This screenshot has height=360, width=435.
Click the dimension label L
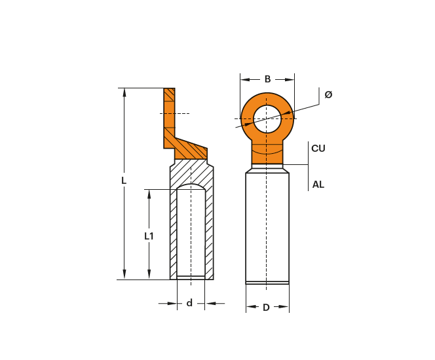point(124,181)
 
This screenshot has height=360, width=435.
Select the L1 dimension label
point(149,236)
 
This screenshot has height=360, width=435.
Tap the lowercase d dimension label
point(189,303)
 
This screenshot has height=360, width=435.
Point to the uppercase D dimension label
point(266,308)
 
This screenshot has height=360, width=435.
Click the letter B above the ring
point(267,79)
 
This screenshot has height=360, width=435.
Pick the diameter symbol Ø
point(328,94)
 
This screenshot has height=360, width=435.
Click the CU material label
point(318,149)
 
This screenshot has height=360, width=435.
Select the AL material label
point(318,185)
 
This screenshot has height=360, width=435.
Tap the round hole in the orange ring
point(267,118)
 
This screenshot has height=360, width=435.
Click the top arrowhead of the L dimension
point(124,92)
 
